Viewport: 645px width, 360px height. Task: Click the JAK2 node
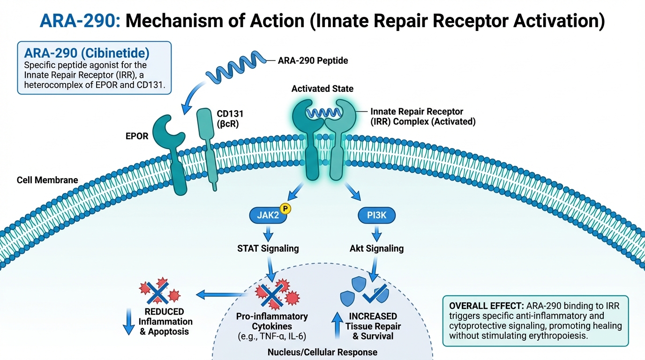click(268, 216)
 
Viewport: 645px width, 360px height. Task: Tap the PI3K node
click(376, 216)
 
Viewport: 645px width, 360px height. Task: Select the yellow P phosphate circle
click(285, 209)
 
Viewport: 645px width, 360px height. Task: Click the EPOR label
click(137, 136)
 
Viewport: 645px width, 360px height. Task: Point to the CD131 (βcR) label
click(230, 119)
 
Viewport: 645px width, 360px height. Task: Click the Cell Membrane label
click(47, 180)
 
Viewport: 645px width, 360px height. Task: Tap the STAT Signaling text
click(268, 248)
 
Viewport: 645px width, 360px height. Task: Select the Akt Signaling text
click(376, 248)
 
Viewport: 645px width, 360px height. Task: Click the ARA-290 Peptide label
click(313, 60)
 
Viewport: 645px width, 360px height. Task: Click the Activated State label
click(322, 89)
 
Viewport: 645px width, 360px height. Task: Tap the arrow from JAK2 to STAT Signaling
click(268, 233)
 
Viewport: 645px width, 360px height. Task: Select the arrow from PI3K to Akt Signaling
click(376, 233)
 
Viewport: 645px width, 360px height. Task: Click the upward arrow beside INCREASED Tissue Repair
click(337, 325)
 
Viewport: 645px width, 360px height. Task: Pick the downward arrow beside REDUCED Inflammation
click(128, 322)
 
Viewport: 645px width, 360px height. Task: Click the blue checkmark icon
click(375, 294)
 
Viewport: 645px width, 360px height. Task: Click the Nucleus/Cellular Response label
click(322, 352)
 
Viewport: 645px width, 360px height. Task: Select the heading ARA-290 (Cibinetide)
click(87, 53)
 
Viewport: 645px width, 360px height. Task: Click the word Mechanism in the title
click(174, 21)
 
